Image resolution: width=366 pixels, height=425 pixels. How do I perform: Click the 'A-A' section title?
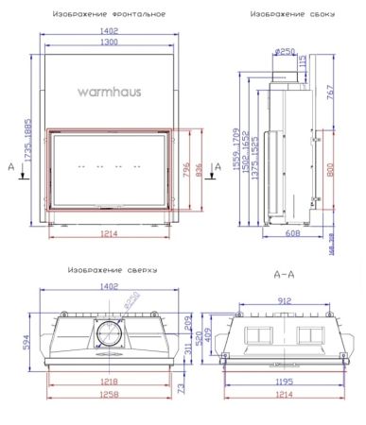(284, 275)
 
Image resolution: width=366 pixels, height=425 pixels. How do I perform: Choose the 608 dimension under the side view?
(293, 232)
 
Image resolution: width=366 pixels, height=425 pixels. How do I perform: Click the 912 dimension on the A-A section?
(282, 302)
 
